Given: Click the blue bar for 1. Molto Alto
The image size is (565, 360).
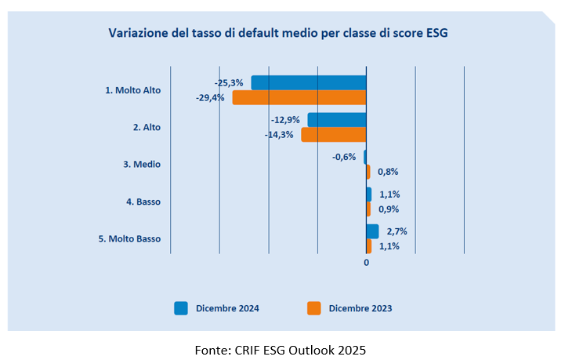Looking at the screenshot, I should pos(309,82).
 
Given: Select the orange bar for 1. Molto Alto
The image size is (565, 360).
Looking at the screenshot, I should pos(299,97).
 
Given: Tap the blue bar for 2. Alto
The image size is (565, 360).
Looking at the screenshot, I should pos(337,120).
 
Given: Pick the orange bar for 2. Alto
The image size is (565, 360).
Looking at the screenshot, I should pos(334,135).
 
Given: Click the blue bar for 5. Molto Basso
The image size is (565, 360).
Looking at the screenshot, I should pos(372,231).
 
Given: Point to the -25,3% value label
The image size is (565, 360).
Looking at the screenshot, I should pos(229,82).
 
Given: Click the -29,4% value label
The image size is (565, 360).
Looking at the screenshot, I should pos(210,98).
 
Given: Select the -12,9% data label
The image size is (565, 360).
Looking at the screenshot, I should pos(285,120).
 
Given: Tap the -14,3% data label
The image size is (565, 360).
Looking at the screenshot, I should pos(279,135).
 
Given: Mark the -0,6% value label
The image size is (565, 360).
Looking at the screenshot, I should pos(345,157).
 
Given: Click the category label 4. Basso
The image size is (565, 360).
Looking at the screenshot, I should pos(143,202).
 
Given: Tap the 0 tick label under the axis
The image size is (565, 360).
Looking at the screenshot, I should pos(366,262).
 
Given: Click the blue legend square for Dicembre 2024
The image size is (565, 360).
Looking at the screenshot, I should pos(181,308).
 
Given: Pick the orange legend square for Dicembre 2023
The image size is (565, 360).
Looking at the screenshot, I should pos(313,308).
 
